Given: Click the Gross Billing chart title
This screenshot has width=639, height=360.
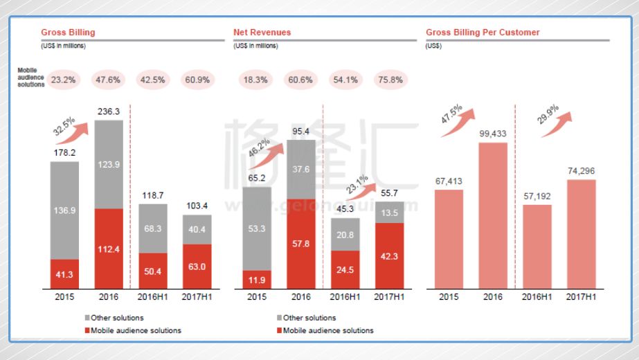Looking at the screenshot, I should [x=68, y=33].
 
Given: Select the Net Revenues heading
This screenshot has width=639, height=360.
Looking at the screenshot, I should [x=262, y=33].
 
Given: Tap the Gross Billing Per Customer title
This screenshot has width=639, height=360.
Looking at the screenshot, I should [x=483, y=33].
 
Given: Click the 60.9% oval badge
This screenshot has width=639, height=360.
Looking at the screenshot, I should [x=197, y=80].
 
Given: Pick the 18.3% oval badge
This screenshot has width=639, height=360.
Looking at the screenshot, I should [x=255, y=80].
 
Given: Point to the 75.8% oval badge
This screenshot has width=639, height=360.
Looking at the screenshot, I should [x=391, y=80].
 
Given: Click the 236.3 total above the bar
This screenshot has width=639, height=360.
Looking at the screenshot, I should [x=109, y=111].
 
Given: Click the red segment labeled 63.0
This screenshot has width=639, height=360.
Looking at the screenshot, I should [x=197, y=265].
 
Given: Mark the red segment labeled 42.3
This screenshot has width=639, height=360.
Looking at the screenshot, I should [x=389, y=255].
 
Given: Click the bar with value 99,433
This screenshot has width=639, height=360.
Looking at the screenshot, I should [x=493, y=215].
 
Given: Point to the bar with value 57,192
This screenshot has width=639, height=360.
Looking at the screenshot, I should [x=537, y=246].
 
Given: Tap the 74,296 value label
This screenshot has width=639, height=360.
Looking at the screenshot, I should [x=581, y=171].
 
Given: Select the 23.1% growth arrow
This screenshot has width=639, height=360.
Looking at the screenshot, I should [x=364, y=189].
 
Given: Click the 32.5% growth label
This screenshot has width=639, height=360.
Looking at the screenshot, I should [x=63, y=126].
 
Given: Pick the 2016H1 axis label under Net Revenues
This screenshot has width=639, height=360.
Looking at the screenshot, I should [x=345, y=296].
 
